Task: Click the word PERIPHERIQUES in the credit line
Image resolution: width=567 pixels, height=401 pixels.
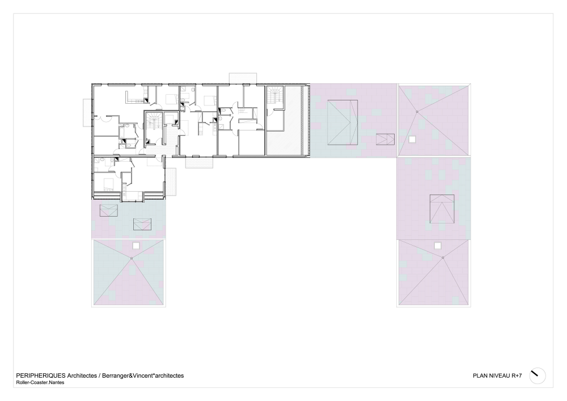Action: point(41,375)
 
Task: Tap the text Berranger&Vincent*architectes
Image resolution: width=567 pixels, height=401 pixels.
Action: point(143,375)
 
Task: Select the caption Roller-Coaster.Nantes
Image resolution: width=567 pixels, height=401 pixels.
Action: point(40,382)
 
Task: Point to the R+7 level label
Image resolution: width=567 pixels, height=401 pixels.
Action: point(517,375)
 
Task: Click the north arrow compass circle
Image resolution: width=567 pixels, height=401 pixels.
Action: point(538,375)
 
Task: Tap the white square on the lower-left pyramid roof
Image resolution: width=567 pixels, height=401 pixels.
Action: point(136,246)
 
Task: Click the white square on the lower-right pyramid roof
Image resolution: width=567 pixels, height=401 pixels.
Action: point(438,246)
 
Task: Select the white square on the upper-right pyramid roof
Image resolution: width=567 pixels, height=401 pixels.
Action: point(412,140)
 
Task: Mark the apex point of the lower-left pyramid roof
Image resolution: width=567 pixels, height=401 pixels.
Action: point(132,258)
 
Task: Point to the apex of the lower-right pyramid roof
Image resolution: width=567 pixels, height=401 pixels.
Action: point(443,258)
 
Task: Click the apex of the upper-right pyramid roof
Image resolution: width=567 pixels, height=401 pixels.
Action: point(417,112)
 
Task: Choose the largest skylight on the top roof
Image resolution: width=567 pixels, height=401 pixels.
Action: point(342,123)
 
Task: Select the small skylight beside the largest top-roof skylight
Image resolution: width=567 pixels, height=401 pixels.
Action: point(385,140)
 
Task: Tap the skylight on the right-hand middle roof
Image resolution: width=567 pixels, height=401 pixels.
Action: point(442,209)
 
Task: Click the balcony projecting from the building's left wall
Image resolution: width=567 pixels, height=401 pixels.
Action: point(87,113)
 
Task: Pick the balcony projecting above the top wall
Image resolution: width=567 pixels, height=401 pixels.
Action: point(243,78)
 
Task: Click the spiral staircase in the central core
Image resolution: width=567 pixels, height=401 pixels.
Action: point(154,120)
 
